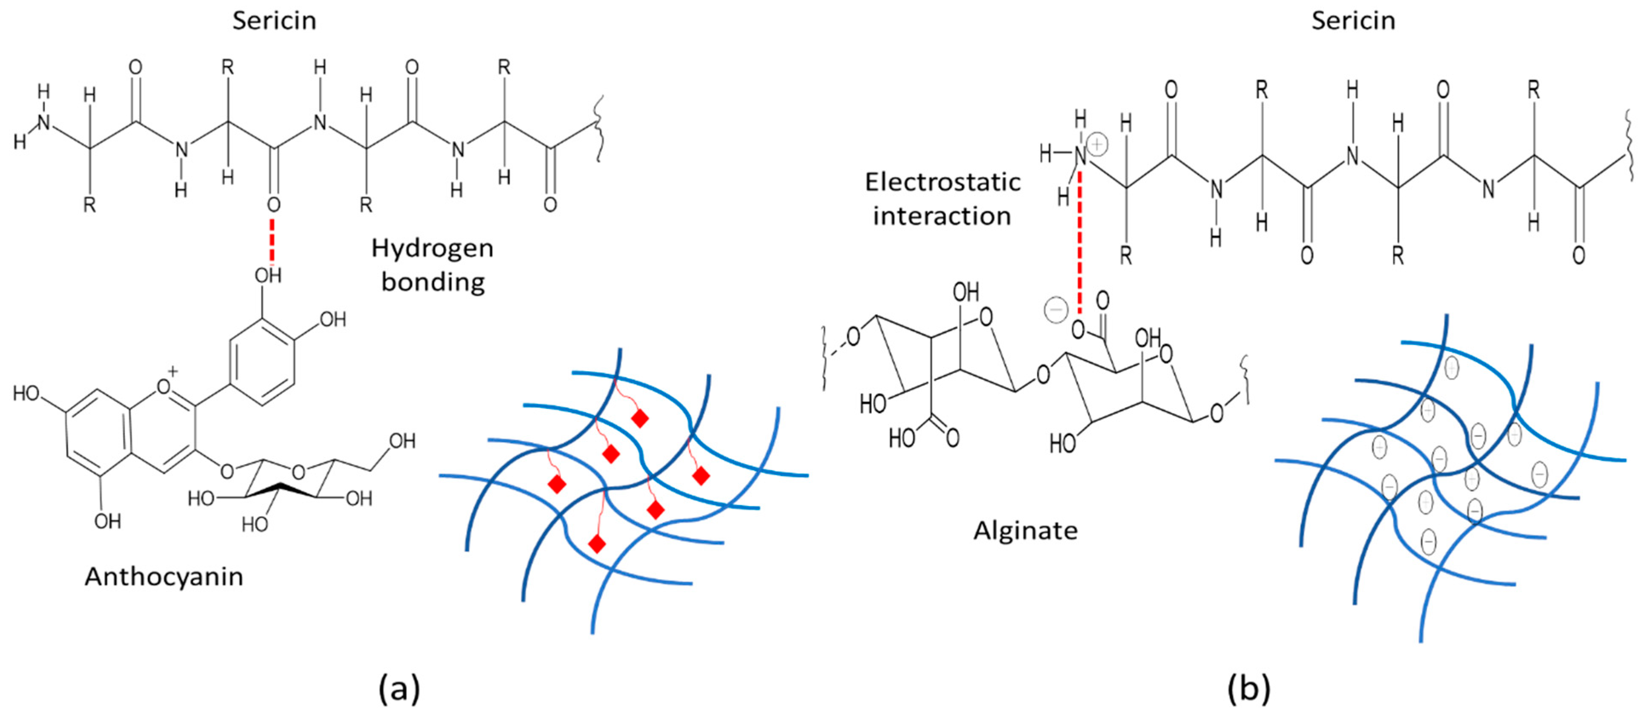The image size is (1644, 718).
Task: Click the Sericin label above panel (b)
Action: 1353,20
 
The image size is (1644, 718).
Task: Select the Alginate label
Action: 1025,530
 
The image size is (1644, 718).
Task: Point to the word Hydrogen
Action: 432,248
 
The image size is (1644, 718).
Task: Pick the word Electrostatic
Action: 942,183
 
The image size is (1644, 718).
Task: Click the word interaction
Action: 942,216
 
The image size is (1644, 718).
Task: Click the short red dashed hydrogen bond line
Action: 272,241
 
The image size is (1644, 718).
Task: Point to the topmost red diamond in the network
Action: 639,419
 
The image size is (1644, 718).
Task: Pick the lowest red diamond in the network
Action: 597,544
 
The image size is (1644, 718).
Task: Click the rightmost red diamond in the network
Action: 701,476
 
